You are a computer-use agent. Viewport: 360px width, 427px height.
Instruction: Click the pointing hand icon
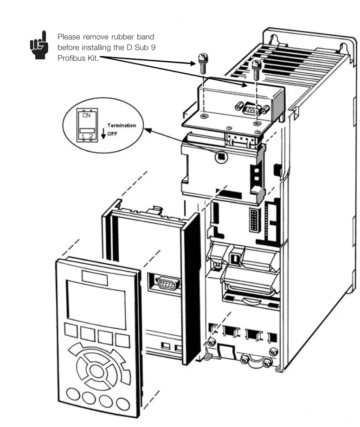click(x=39, y=45)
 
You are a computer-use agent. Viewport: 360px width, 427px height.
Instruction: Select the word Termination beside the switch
click(x=122, y=125)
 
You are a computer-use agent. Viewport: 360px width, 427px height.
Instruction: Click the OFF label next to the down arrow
click(x=112, y=134)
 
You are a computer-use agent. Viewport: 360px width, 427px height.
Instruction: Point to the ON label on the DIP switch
click(x=86, y=115)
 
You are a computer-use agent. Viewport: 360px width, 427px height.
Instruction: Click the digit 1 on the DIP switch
click(x=83, y=136)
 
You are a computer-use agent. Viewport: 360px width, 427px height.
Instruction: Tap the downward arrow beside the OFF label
click(x=103, y=134)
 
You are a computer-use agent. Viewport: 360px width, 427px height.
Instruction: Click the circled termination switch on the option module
click(x=221, y=157)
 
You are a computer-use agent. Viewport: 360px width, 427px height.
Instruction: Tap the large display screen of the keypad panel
click(x=96, y=305)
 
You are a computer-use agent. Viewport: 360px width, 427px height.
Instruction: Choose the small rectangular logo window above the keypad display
click(x=95, y=278)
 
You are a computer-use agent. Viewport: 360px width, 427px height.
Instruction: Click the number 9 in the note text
click(x=153, y=47)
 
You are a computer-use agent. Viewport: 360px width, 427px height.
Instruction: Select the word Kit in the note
click(x=93, y=58)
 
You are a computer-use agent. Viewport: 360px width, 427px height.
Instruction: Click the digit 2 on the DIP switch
click(x=91, y=136)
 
